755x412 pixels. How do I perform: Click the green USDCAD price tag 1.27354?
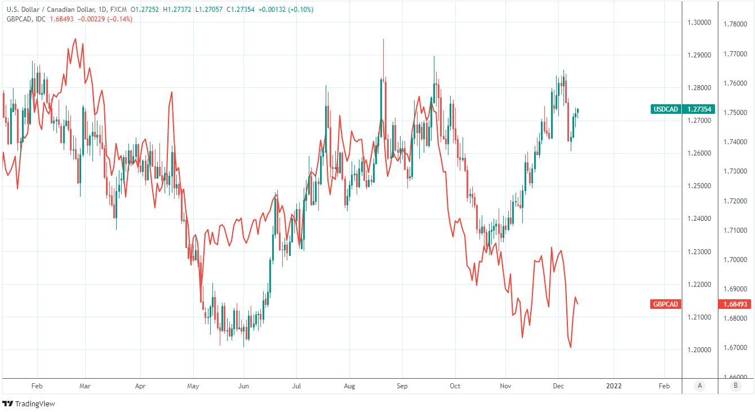click(x=699, y=109)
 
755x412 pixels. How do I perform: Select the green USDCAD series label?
click(x=665, y=109)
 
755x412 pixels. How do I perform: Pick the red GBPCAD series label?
click(x=665, y=304)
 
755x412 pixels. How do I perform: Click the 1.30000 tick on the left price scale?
click(x=699, y=23)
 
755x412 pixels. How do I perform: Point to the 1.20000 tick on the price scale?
click(x=699, y=350)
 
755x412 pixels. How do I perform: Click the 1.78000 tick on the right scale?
click(x=735, y=24)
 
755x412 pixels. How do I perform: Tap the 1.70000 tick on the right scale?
click(x=735, y=260)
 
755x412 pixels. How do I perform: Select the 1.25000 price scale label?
click(x=699, y=186)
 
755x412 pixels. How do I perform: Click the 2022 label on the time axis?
click(x=614, y=386)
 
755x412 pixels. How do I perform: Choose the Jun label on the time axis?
click(x=243, y=386)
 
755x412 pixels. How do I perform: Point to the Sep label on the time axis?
click(x=402, y=386)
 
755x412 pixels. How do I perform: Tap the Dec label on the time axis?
click(x=558, y=386)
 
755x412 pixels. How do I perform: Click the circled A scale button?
click(x=700, y=386)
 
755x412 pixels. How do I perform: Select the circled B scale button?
click(x=735, y=386)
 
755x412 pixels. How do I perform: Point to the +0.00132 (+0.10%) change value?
click(x=293, y=10)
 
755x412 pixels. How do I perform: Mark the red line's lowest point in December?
click(x=571, y=347)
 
